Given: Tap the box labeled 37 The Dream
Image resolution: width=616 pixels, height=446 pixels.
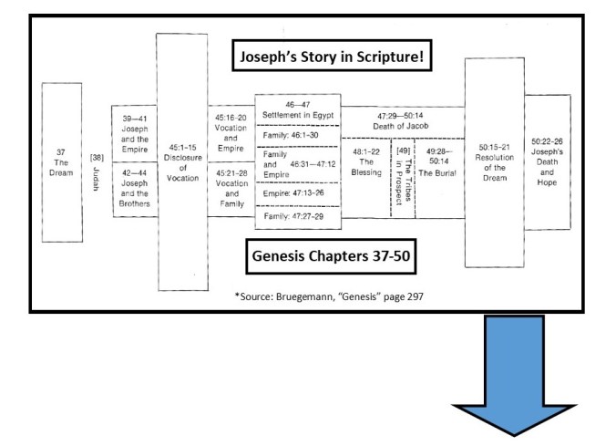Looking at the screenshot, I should (62, 162).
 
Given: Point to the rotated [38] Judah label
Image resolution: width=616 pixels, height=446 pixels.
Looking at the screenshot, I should (96, 169).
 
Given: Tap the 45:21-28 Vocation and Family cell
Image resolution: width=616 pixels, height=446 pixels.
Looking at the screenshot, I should (231, 188).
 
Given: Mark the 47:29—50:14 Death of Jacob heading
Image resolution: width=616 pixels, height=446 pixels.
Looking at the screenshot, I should (402, 120).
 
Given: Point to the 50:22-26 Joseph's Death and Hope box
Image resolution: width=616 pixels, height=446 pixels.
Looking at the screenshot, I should (547, 161).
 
